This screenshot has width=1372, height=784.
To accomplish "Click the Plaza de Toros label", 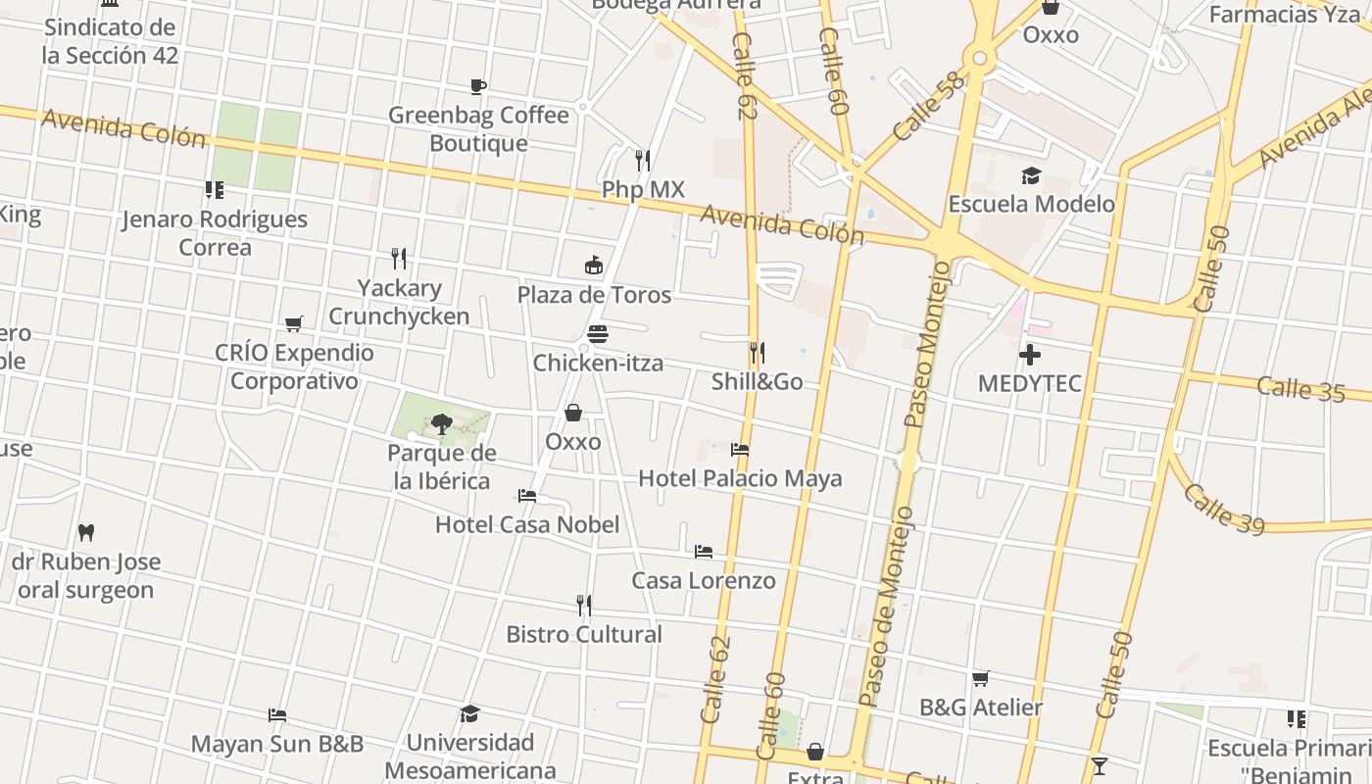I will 594,295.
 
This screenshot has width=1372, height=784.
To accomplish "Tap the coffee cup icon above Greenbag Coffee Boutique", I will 478,87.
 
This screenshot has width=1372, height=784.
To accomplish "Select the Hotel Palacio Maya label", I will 740,478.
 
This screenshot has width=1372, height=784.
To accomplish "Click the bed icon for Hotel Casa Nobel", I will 527,496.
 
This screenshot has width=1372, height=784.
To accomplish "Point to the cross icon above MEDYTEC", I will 1030,355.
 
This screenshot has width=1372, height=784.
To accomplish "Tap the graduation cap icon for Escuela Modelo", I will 1031,175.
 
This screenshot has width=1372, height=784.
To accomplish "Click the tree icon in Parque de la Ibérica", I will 441,424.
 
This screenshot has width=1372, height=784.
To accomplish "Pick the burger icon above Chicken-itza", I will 598,334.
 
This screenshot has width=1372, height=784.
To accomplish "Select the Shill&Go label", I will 757,381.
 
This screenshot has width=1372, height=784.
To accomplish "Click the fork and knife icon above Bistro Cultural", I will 584,605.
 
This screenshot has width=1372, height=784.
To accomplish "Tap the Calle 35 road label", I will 1300,388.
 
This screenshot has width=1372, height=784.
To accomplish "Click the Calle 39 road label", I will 1223,507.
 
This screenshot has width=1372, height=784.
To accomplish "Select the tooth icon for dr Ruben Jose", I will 86,533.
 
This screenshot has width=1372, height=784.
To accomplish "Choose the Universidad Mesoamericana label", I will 470,756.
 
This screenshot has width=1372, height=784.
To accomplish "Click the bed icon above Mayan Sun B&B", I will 277,715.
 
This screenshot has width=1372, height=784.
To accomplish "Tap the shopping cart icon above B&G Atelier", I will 980,678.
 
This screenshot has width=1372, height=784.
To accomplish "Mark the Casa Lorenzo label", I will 703,580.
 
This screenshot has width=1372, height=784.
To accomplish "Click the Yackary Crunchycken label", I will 399,302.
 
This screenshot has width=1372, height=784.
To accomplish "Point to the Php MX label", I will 643,189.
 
